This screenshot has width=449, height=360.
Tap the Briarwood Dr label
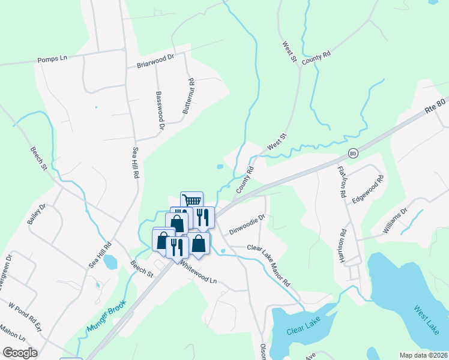pos(155,61)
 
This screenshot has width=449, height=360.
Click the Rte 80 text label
pos(436,106)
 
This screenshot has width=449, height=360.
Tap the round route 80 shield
pos(354,153)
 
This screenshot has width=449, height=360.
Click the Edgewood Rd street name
pos(368,190)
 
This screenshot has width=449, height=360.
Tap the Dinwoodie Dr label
pos(247,225)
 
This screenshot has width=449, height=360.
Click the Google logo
pos(20,353)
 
